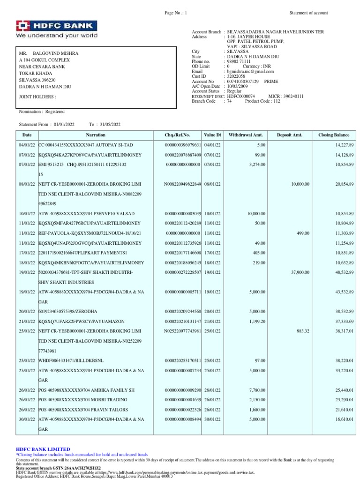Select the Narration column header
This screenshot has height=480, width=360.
[96, 135]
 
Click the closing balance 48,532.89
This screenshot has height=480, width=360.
[342, 272]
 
